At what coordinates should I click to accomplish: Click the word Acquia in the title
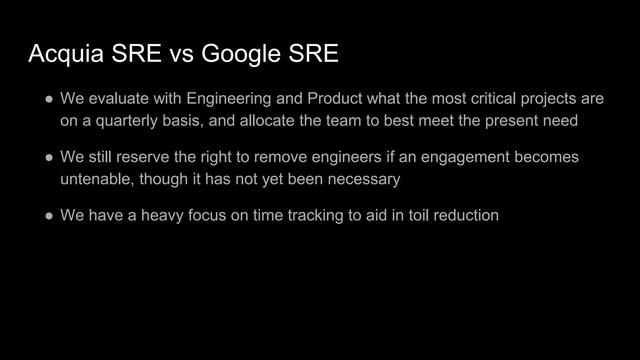coord(66,53)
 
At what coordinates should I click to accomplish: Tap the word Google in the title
coord(241,53)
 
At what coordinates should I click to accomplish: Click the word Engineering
coord(228,98)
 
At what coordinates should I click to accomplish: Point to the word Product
coord(335,98)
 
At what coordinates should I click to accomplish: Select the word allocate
coord(267,121)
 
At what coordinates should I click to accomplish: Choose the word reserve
coord(142,157)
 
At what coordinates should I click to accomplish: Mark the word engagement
coord(465,157)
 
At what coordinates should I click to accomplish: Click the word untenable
coord(97,179)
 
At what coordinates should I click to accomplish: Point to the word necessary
coord(364,179)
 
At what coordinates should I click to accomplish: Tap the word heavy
coord(162,215)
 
